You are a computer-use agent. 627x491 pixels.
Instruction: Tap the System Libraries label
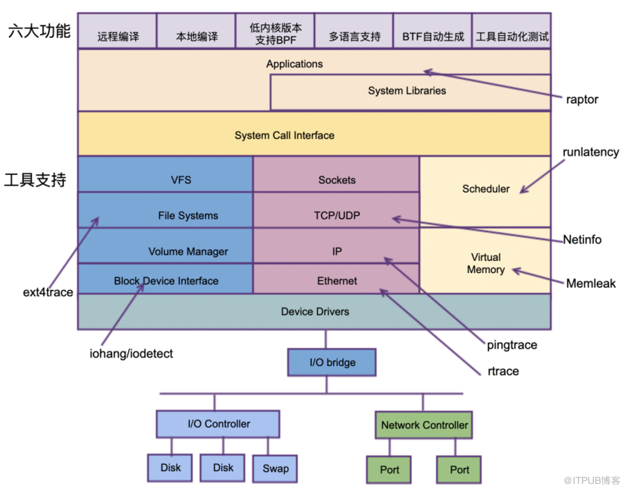406,91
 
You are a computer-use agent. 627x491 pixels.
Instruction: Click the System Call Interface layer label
284,135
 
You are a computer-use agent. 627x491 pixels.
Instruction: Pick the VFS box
181,180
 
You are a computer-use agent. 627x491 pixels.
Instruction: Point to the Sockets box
337,180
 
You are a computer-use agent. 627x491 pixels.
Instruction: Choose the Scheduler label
485,189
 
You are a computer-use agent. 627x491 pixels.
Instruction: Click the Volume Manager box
188,251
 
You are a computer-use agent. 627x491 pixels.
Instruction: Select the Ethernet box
337,281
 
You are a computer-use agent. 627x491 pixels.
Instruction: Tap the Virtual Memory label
485,263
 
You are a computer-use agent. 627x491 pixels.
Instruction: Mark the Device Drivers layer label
315,311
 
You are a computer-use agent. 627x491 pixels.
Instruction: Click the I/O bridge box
333,363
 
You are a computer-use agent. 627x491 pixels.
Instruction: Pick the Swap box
275,468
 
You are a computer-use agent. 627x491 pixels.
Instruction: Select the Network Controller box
424,425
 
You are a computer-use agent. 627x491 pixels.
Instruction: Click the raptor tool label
582,99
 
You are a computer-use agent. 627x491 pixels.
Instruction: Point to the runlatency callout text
590,152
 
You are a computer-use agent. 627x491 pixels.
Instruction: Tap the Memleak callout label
590,284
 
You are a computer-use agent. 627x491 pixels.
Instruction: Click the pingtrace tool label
511,345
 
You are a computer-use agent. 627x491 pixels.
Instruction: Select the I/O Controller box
218,424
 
